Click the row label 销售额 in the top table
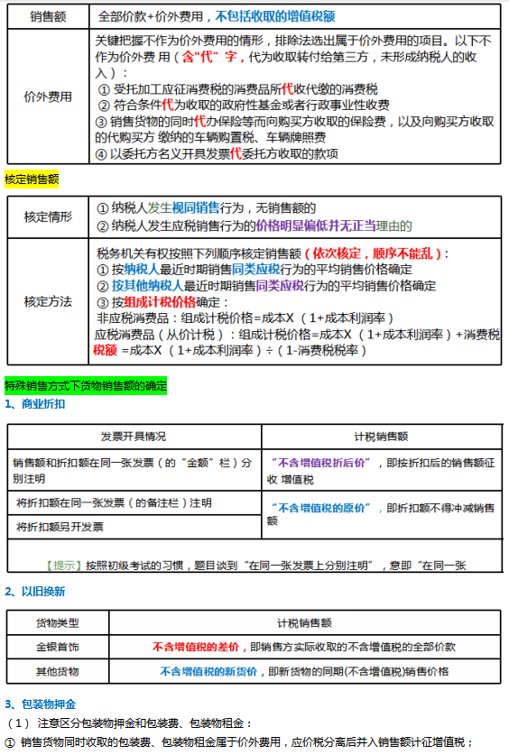coord(46,16)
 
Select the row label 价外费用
coord(47,97)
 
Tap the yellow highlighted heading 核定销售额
coord(32,180)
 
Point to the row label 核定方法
coord(47,301)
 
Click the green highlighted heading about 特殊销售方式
coord(86,385)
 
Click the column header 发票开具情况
coord(134,436)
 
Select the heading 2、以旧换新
coord(35,592)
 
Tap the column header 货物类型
coord(57,622)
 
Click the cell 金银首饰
coord(57,647)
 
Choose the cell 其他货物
coord(57,671)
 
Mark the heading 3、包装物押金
coord(41,704)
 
